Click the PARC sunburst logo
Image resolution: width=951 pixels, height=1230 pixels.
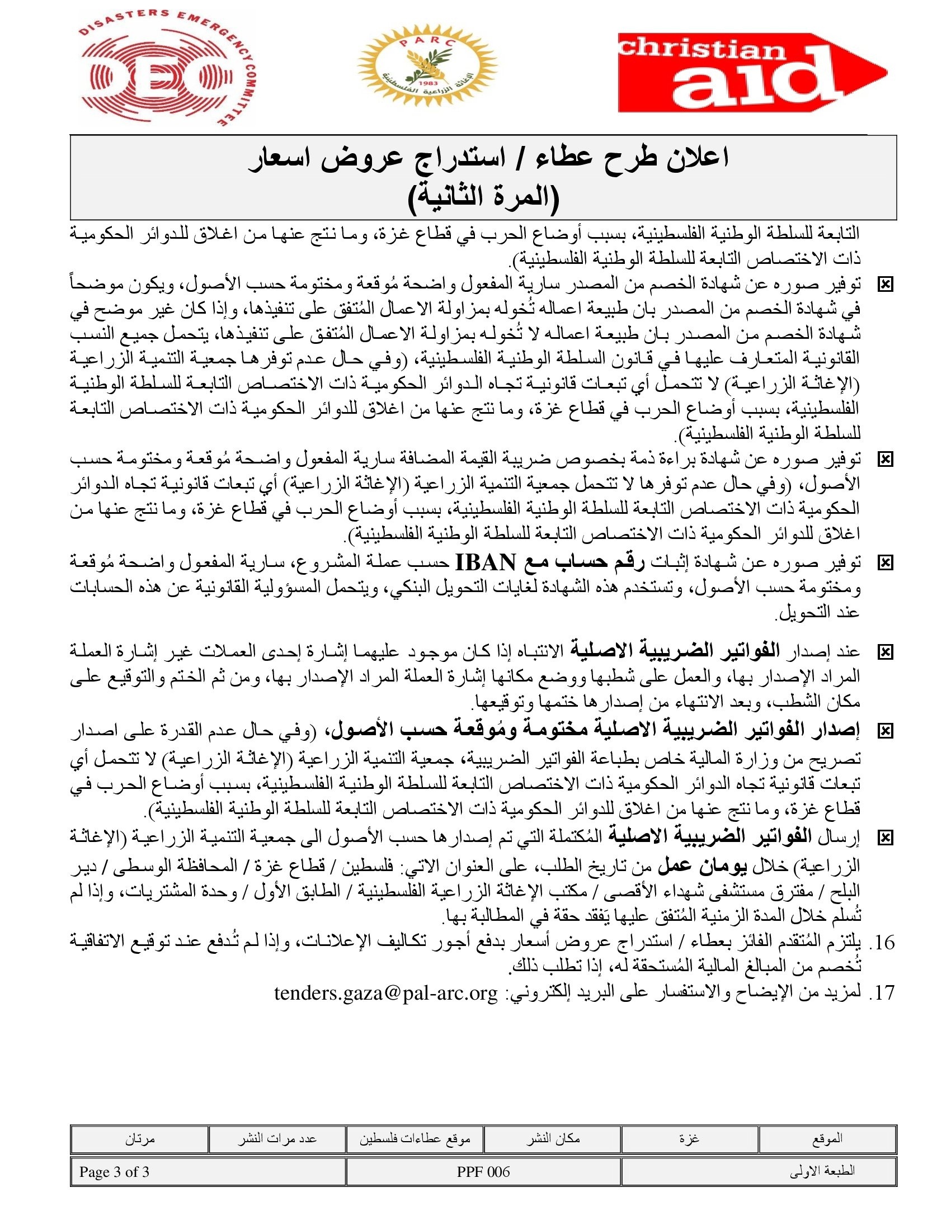pos(427,66)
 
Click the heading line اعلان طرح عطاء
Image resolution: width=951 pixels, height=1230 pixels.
pos(488,158)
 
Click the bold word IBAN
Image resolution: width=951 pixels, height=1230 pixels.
pos(485,562)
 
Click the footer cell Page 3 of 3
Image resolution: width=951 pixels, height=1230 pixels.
pos(114,1171)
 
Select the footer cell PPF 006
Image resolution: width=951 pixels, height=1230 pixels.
pos(483,1171)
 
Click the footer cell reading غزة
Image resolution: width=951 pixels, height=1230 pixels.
pos(689,1138)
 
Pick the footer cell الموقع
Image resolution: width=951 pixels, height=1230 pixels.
pos(827,1138)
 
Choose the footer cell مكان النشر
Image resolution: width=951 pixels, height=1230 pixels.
pos(553,1138)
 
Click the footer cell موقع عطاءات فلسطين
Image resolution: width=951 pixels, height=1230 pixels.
pos(415,1138)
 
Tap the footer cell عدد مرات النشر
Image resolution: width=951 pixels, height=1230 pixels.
pos(276,1138)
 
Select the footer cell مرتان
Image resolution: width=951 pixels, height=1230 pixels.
pos(140,1138)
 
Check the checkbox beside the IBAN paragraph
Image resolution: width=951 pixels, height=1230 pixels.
pos(885,562)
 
